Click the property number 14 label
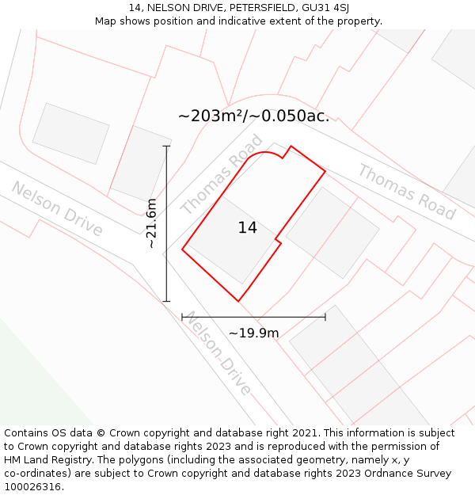(x=247, y=228)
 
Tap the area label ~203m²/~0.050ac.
(x=253, y=116)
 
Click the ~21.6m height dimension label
(x=152, y=223)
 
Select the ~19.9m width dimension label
(x=253, y=333)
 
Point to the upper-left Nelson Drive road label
(x=57, y=208)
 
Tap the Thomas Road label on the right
(x=406, y=192)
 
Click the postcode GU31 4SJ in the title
(x=326, y=8)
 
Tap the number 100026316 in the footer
(x=32, y=486)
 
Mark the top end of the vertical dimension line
(x=166, y=147)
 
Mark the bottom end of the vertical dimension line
(x=166, y=301)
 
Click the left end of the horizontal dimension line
(x=183, y=317)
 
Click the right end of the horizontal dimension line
(x=325, y=317)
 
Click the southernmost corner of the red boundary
(x=238, y=301)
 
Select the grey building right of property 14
(x=332, y=232)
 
